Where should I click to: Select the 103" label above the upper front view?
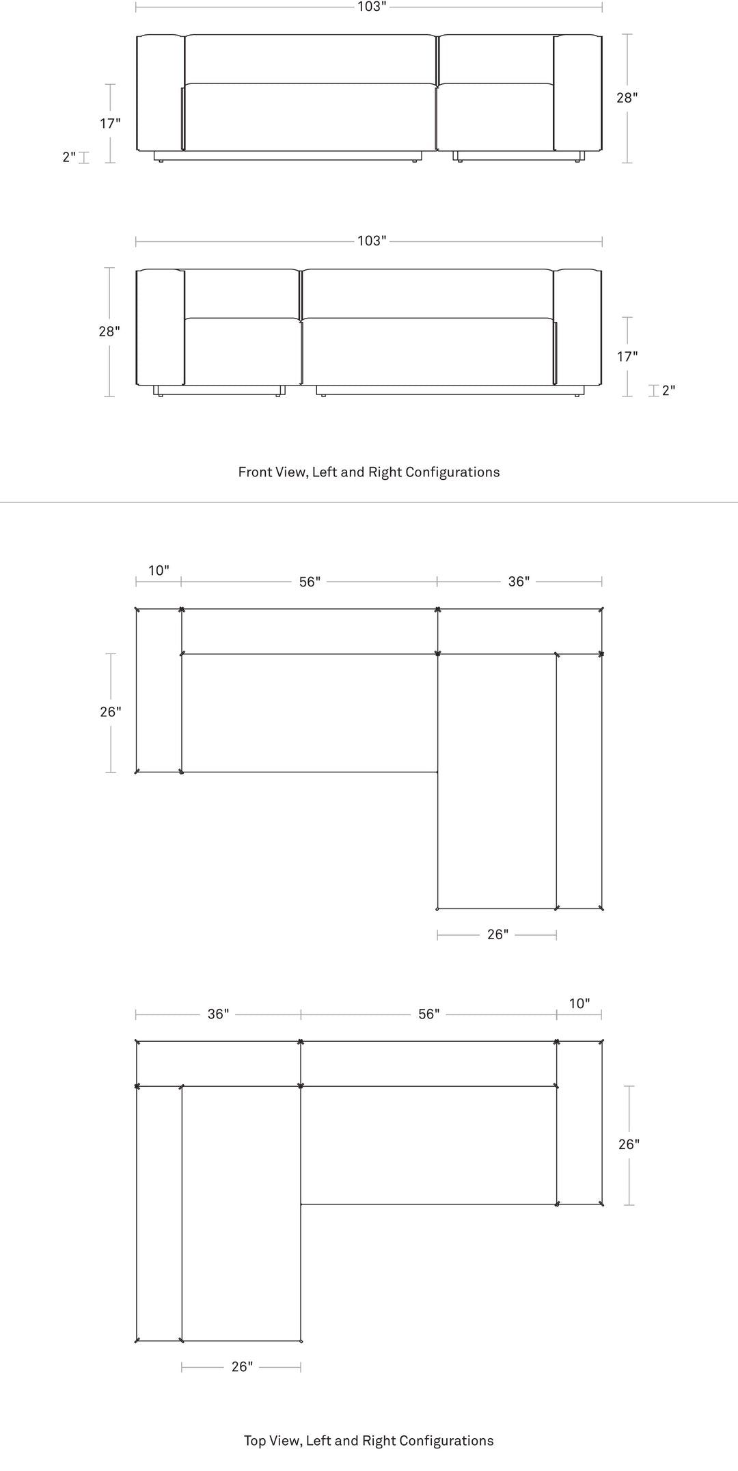click(372, 7)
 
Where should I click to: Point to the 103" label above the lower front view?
click(372, 241)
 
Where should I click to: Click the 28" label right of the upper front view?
click(627, 98)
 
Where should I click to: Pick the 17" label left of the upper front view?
click(110, 124)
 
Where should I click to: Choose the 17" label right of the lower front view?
click(627, 357)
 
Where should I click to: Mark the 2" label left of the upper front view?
click(69, 157)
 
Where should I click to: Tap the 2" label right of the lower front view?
click(668, 390)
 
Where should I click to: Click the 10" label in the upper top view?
click(159, 571)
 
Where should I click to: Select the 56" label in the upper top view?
click(310, 582)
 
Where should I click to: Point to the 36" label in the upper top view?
click(519, 582)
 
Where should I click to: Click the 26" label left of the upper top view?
click(111, 712)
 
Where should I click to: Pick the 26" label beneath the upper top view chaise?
click(497, 934)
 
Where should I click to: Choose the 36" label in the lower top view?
click(218, 1014)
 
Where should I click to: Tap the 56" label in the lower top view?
click(429, 1014)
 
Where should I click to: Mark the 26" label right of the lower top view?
click(629, 1144)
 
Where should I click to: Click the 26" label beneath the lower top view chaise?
click(242, 1367)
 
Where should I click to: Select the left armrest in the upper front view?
click(161, 92)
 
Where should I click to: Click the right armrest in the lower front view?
click(577, 327)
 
